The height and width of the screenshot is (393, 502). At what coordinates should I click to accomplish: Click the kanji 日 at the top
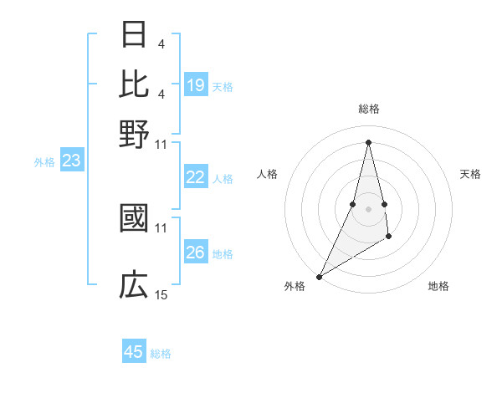pos(135,34)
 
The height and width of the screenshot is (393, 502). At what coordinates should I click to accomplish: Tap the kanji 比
pos(135,83)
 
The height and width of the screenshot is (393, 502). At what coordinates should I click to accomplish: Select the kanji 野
pos(135,132)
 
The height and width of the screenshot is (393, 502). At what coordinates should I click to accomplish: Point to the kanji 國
pos(135,217)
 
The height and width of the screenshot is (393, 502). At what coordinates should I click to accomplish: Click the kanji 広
pos(135,285)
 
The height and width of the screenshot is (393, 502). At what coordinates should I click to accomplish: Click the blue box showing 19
pos(196,85)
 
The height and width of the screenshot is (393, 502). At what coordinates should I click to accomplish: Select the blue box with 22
pos(196,177)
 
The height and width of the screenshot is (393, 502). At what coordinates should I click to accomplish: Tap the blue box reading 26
pos(196,253)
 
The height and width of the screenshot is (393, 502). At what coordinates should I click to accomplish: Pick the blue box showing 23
pos(71,161)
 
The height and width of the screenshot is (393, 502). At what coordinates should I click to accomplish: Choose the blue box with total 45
pos(134,352)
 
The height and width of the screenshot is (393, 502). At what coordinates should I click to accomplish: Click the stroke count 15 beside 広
pos(161,294)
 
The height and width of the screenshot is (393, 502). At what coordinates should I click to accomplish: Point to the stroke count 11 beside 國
pos(161,227)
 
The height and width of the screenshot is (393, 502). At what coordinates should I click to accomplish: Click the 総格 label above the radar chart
pos(368,109)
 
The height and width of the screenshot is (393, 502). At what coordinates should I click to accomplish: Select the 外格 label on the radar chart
pos(295,286)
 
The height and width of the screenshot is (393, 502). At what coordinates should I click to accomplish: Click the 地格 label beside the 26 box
pos(223,253)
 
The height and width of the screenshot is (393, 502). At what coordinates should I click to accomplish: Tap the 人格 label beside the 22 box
pos(223,178)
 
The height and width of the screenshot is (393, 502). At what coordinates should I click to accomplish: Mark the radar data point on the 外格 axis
pos(319,277)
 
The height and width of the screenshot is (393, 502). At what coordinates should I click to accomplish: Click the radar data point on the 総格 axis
pos(368,141)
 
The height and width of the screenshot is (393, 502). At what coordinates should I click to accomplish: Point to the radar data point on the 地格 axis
pos(389,237)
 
